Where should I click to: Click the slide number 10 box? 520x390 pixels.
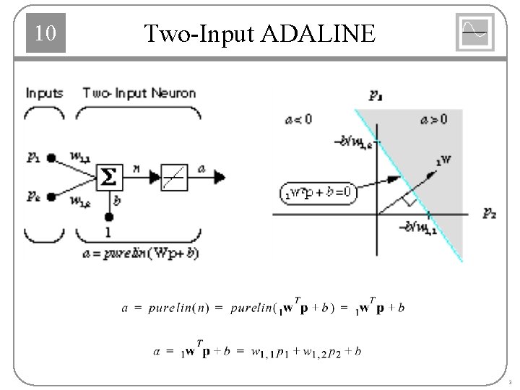tap(45, 34)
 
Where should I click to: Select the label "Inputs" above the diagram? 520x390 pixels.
tap(45, 93)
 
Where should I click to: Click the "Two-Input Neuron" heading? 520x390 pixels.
tap(139, 93)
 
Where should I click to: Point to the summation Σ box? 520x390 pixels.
tap(109, 175)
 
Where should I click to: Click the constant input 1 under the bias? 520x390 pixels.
tap(109, 233)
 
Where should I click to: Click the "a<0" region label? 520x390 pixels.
tap(298, 119)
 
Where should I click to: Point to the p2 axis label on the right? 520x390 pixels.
tap(488, 214)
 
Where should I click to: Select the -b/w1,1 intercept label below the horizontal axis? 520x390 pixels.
tap(419, 230)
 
